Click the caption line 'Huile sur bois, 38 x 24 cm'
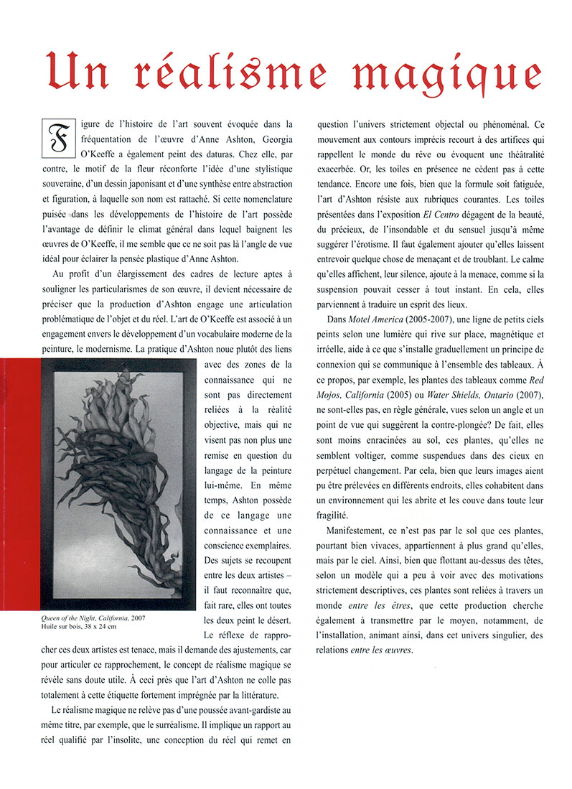[78, 627]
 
